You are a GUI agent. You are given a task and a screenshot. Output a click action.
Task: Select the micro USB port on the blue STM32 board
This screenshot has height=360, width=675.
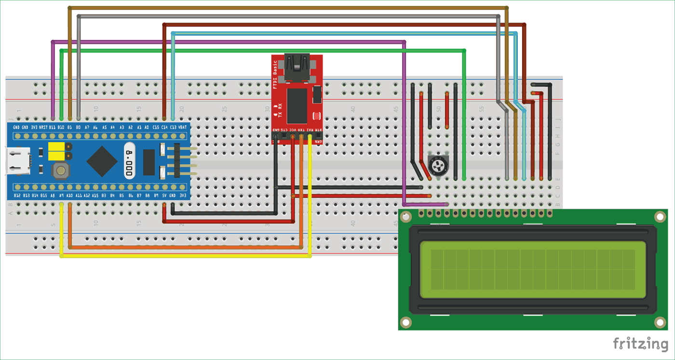18,161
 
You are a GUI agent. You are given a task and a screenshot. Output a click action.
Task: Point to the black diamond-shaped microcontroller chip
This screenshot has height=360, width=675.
102,161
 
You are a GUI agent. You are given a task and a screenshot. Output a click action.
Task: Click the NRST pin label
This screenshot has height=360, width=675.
43,127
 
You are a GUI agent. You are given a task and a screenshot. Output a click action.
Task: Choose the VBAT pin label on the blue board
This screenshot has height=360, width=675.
182,127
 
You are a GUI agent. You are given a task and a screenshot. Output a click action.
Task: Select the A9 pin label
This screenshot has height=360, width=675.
61,196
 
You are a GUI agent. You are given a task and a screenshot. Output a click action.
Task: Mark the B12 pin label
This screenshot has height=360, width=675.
17,196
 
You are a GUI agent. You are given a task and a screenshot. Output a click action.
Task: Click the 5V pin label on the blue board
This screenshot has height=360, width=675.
164,196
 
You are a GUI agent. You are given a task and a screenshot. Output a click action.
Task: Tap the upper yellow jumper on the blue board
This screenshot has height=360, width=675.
57,147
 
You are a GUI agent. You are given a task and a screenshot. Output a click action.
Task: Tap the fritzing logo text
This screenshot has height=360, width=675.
640,344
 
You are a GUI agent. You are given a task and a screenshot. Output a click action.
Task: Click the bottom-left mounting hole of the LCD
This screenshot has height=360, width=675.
406,322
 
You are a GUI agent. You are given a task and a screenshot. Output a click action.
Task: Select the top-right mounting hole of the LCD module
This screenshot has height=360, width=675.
660,217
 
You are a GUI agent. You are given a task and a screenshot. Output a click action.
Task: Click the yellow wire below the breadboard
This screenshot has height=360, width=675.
183,256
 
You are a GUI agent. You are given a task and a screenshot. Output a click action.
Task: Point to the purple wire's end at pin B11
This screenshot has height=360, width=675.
53,117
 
